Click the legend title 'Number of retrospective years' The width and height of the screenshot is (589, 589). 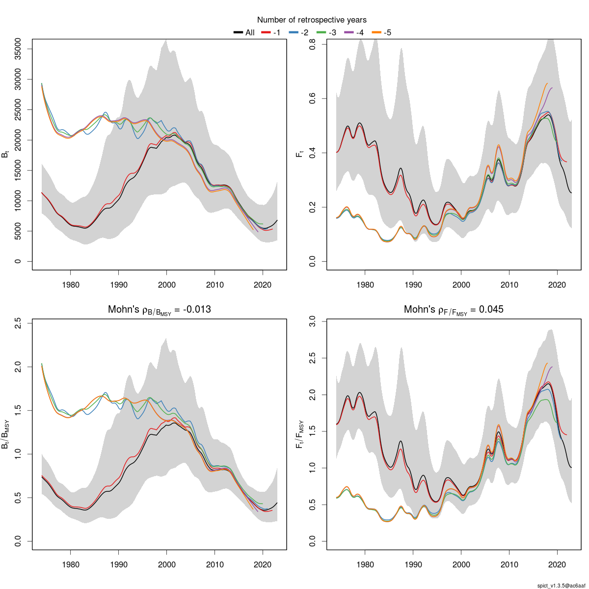tap(312, 20)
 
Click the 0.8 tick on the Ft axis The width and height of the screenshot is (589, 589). tap(312, 45)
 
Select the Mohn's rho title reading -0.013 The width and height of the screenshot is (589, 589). tap(159, 310)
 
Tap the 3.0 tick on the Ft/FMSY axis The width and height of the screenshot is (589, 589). tap(312, 321)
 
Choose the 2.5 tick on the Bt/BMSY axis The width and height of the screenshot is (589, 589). tap(18, 323)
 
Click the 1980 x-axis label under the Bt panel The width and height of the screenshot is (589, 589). tap(70, 285)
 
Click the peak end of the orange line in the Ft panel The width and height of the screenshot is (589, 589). tap(547, 83)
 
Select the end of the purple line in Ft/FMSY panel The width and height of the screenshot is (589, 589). tap(552, 367)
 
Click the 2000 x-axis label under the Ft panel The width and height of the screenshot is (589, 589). tap(461, 285)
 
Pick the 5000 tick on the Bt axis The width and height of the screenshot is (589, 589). tap(18, 231)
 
